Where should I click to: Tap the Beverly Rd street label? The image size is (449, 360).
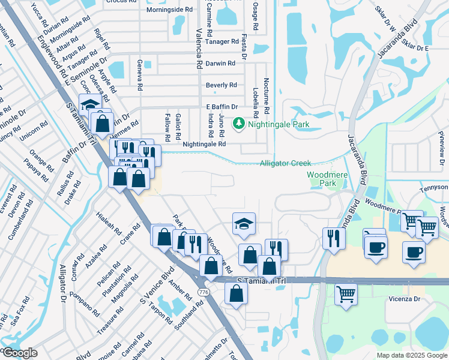[221, 85]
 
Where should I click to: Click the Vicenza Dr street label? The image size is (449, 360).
[412, 298]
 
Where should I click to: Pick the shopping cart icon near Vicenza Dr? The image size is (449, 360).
[346, 293]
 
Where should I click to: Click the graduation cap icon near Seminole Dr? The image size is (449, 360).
[90, 104]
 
